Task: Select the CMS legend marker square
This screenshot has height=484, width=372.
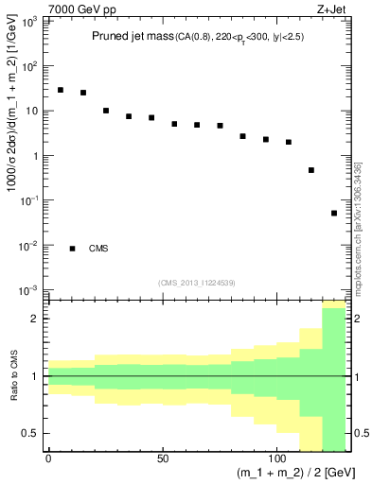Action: coord(72,249)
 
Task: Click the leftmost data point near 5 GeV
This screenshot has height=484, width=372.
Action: coord(61,90)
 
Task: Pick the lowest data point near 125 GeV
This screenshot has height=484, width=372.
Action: coord(334,214)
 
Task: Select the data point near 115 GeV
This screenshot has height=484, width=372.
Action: coord(311,170)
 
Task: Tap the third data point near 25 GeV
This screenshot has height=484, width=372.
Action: coord(106,111)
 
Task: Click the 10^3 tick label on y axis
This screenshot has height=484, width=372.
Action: coord(31,22)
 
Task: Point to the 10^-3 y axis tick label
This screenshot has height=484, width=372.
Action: coord(31,290)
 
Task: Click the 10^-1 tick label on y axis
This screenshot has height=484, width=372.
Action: coord(31,200)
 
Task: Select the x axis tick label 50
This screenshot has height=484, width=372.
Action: coord(163,458)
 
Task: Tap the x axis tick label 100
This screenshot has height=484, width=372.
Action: coord(276,458)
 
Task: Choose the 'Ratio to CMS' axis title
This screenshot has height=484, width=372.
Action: coord(12,376)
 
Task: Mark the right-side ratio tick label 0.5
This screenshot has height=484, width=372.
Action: coord(360,433)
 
